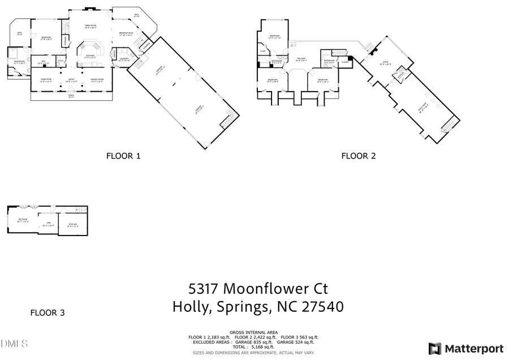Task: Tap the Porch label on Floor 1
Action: pyautogui.click(x=71, y=96)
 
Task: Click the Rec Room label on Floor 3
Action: pyautogui.click(x=23, y=220)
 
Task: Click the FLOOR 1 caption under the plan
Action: pyautogui.click(x=123, y=156)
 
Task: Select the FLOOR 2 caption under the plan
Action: pyautogui.click(x=359, y=156)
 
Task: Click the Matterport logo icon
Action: pyautogui.click(x=434, y=348)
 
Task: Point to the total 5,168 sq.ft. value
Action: pyautogui.click(x=260, y=347)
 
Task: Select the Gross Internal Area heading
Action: pyautogui.click(x=253, y=332)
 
